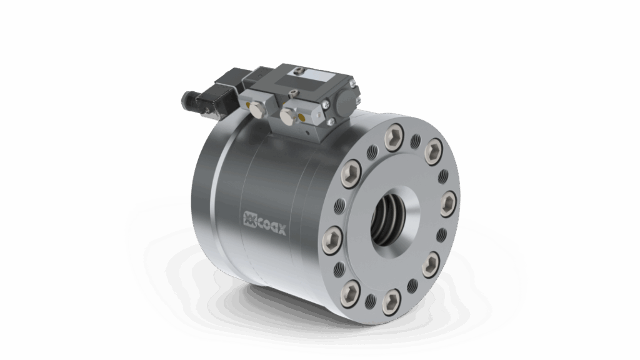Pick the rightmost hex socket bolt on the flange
click(449, 204)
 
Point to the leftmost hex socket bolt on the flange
click(331, 238)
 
